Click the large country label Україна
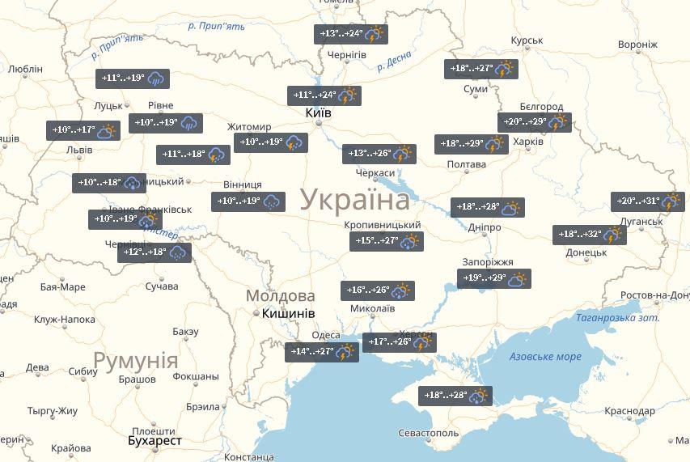[355, 200]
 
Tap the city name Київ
[318, 113]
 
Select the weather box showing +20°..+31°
[649, 201]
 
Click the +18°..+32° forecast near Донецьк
[591, 235]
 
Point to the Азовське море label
[545, 357]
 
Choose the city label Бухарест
[155, 441]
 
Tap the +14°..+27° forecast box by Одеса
[322, 352]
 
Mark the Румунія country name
[135, 360]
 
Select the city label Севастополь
[428, 434]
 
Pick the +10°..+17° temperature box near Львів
[83, 130]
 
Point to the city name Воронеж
[637, 45]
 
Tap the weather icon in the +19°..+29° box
[519, 279]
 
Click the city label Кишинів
[286, 313]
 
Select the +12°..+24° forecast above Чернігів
[351, 34]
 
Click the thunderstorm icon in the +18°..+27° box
[505, 70]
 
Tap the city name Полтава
[466, 165]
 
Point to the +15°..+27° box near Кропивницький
[387, 240]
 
